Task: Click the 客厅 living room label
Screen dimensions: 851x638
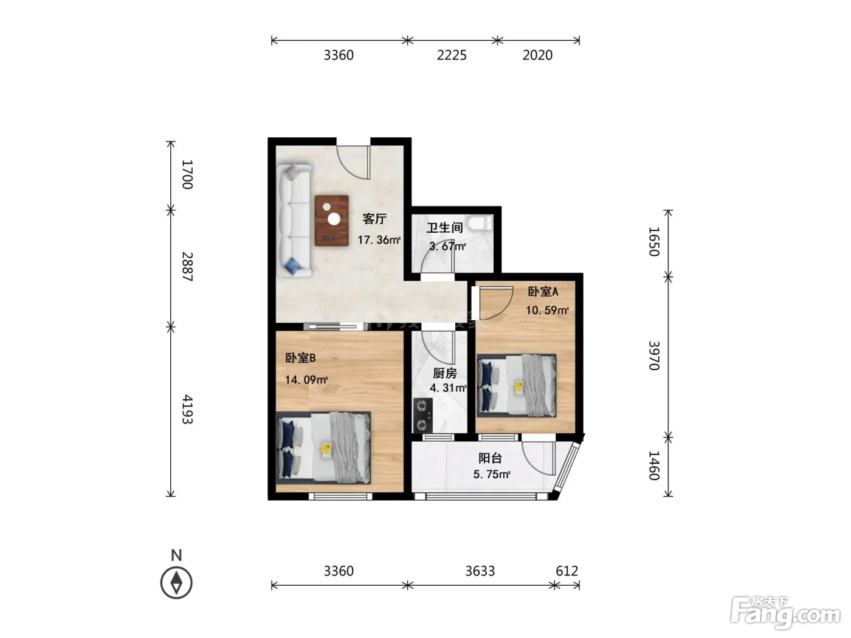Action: pyautogui.click(x=374, y=219)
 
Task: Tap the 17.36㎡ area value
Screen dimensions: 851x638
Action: pyautogui.click(x=379, y=240)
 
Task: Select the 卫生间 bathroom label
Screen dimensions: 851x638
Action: pyautogui.click(x=444, y=227)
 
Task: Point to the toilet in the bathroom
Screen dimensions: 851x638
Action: pyautogui.click(x=480, y=224)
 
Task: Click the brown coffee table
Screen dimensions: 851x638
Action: pyautogui.click(x=331, y=220)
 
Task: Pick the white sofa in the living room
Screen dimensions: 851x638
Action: pyautogui.click(x=294, y=220)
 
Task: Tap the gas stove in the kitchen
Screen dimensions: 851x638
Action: pyautogui.click(x=422, y=415)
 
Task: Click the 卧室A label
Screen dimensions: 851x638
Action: pyautogui.click(x=543, y=291)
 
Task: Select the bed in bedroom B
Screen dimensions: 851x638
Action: pyautogui.click(x=323, y=448)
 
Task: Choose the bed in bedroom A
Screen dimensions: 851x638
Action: pyautogui.click(x=517, y=385)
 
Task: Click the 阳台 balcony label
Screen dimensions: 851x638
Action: pyautogui.click(x=490, y=458)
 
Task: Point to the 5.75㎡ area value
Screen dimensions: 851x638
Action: pyautogui.click(x=492, y=474)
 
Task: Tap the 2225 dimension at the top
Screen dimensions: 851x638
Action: pyautogui.click(x=452, y=55)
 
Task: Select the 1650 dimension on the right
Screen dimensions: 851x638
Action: pyautogui.click(x=654, y=242)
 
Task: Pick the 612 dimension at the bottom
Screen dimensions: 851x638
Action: pyautogui.click(x=567, y=571)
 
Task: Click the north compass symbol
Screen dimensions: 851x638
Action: pyautogui.click(x=176, y=583)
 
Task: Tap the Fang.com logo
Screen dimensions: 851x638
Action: pyautogui.click(x=785, y=612)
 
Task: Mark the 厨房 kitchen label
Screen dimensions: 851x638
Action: pyautogui.click(x=445, y=373)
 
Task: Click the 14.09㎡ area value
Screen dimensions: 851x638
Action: pyautogui.click(x=306, y=380)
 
